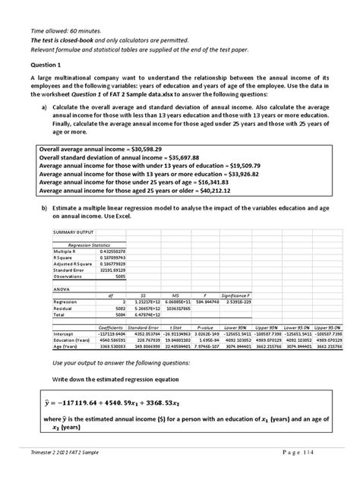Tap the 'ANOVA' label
point(62,289)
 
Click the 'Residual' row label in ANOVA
point(65,308)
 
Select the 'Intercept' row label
point(65,333)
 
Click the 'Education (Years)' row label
point(75,339)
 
